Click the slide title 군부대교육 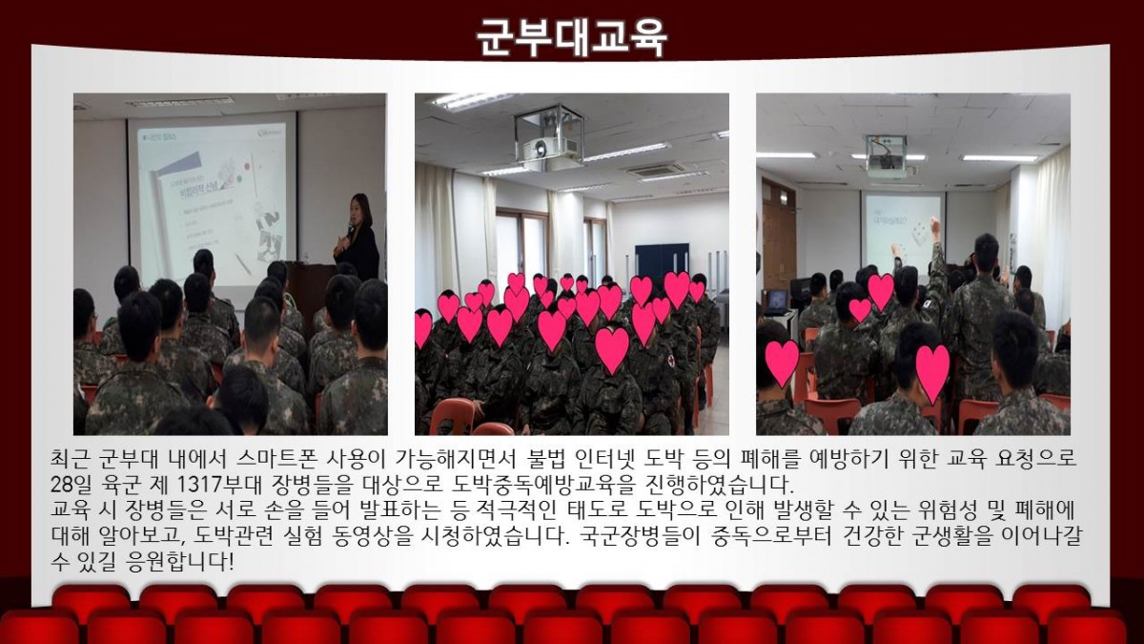[x=572, y=37]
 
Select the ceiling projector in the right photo [x=886, y=156]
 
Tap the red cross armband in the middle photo [x=669, y=361]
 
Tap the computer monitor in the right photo [x=777, y=301]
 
